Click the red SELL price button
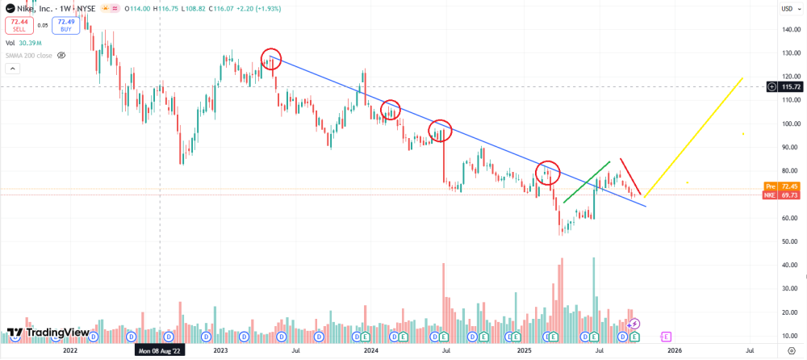(20, 26)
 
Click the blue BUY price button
(67, 26)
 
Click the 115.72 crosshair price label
(786, 86)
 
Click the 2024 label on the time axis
(371, 350)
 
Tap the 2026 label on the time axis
(675, 350)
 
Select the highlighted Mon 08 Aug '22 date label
(160, 351)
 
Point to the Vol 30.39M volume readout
(23, 43)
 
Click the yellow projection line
(694, 136)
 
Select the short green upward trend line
(585, 182)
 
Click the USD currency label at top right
(786, 9)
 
